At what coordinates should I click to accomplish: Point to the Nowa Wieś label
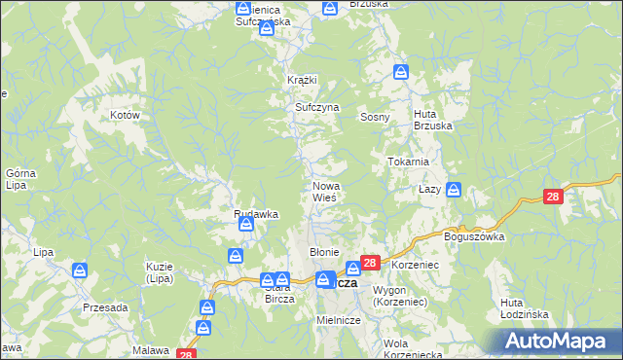click(x=324, y=192)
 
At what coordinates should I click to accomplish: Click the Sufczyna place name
click(x=316, y=108)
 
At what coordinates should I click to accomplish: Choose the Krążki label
click(x=303, y=80)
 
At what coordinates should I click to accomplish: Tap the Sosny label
click(x=375, y=117)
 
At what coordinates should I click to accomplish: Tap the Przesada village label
click(x=105, y=306)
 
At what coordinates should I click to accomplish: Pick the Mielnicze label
click(x=339, y=320)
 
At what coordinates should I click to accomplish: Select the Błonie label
click(x=323, y=252)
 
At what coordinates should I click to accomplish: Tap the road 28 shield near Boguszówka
click(x=553, y=197)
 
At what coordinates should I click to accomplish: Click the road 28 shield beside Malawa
click(x=187, y=353)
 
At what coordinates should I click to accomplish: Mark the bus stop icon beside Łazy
click(x=454, y=192)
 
